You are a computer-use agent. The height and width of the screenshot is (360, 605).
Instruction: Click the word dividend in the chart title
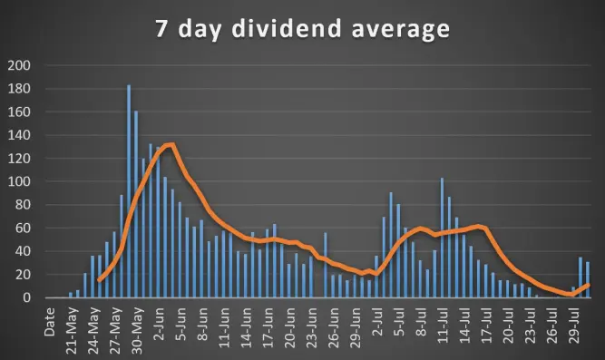click(287, 28)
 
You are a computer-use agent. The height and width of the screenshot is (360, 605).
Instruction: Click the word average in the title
click(401, 31)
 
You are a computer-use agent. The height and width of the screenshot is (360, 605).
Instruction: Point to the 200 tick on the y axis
click(19, 65)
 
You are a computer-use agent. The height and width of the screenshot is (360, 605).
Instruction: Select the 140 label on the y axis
click(19, 135)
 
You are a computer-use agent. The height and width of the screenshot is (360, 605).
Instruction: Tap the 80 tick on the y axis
click(23, 205)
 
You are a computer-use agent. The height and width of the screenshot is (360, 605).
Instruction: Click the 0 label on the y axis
click(26, 297)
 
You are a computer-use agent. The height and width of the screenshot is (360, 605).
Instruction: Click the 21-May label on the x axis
click(72, 331)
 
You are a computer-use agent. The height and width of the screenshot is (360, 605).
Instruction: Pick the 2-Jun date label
click(159, 325)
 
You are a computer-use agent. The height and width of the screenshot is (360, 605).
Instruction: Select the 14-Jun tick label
click(246, 327)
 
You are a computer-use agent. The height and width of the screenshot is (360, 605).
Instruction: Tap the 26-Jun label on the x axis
click(334, 327)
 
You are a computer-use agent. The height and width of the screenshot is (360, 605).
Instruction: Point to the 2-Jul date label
click(377, 322)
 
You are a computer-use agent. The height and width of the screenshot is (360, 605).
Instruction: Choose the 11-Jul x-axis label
click(443, 326)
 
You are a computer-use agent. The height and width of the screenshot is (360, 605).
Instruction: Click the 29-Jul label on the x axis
click(574, 326)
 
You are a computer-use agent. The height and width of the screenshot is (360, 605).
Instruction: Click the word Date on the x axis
click(49, 322)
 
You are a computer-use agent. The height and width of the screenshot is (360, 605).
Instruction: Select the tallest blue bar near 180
click(129, 191)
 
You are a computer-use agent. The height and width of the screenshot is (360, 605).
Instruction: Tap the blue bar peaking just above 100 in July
click(442, 238)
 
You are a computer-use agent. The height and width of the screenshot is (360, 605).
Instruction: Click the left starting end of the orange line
click(99, 280)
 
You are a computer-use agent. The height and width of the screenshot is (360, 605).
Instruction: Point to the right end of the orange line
click(588, 285)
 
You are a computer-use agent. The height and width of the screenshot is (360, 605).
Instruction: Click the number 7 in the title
click(161, 29)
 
